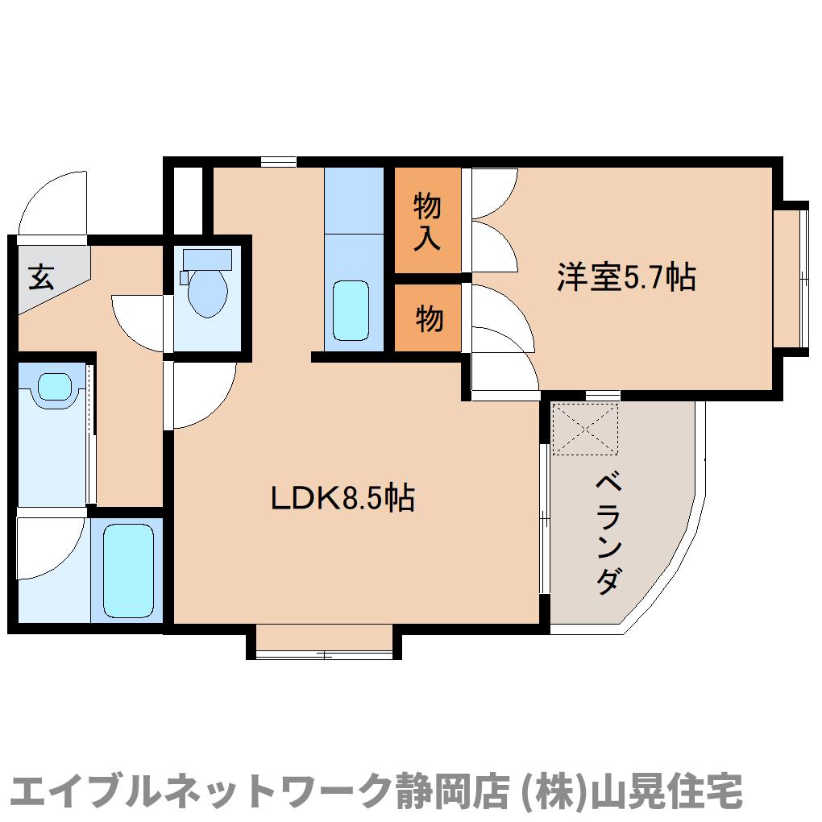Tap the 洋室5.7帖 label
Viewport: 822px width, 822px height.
coord(625,277)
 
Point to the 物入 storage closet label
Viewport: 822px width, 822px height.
coord(427,222)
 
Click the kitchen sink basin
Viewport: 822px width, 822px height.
coord(351,311)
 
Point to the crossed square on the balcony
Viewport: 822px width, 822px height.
coord(585,429)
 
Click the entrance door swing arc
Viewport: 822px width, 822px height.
coord(53,202)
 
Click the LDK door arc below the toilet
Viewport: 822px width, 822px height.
coord(201,395)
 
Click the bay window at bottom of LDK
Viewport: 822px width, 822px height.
coord(324,642)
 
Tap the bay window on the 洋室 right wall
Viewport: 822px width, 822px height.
coord(791,278)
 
